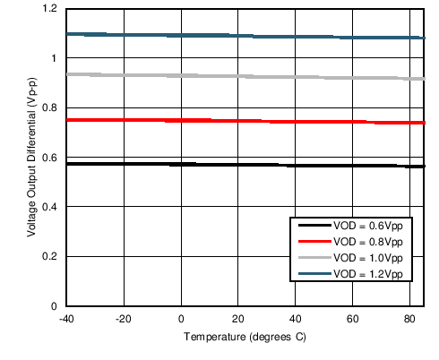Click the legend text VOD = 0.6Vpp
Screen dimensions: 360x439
[367, 227]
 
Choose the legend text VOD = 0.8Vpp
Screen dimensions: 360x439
[367, 243]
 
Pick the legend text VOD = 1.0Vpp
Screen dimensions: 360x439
[367, 258]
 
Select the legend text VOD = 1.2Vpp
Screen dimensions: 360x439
[367, 272]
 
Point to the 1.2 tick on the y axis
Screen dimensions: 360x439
[49, 9]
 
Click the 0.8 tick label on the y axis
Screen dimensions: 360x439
[49, 108]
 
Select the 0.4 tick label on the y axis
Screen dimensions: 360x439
[49, 208]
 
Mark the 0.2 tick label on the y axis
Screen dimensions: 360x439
[49, 257]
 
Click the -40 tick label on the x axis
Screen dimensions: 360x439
[66, 319]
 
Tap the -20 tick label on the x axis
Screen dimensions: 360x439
[124, 319]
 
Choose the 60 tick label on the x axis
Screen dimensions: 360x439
[353, 319]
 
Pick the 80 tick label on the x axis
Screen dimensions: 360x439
[410, 319]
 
